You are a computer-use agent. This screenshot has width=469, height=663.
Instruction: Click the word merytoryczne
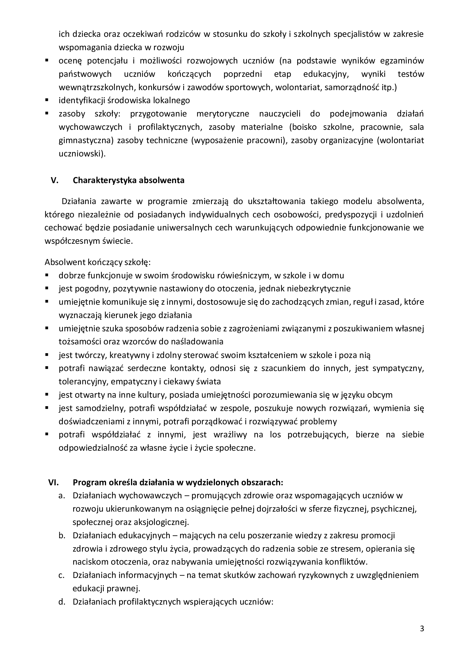[x=223, y=114]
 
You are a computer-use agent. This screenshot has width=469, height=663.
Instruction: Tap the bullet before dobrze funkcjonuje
[x=47, y=275]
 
